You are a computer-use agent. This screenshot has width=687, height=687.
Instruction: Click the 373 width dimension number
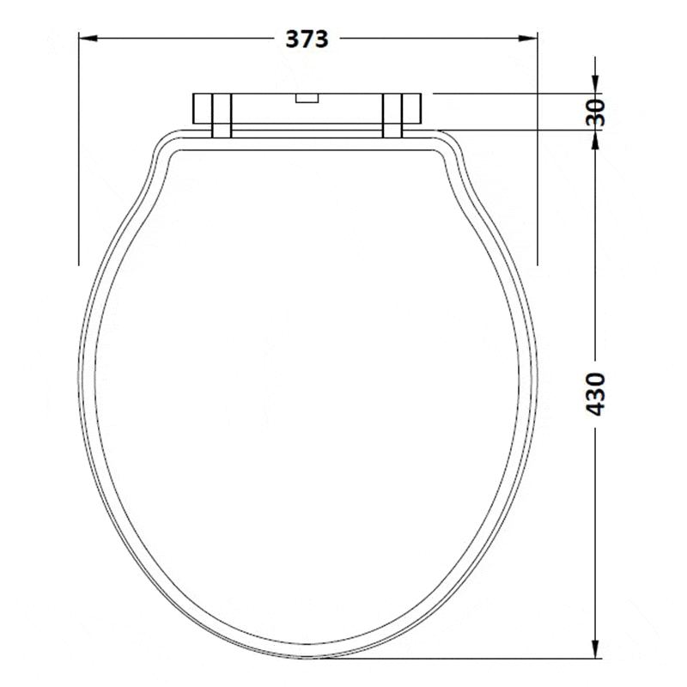(x=307, y=39)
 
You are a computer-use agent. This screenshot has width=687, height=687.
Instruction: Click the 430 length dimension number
(x=595, y=394)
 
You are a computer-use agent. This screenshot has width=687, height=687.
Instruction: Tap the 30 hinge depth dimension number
(x=595, y=112)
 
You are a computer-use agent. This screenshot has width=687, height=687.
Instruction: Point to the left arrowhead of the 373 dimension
(x=88, y=39)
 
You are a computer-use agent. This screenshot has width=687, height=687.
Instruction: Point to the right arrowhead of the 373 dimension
(x=528, y=39)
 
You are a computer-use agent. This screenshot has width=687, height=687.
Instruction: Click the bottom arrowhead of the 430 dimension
(x=595, y=648)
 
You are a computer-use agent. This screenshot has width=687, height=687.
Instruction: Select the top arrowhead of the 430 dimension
(x=595, y=139)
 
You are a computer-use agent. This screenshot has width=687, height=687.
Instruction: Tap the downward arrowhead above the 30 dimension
(x=595, y=84)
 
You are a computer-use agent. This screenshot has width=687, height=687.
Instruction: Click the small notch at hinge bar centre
(x=307, y=98)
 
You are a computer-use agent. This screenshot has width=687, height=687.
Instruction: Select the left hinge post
(x=222, y=116)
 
